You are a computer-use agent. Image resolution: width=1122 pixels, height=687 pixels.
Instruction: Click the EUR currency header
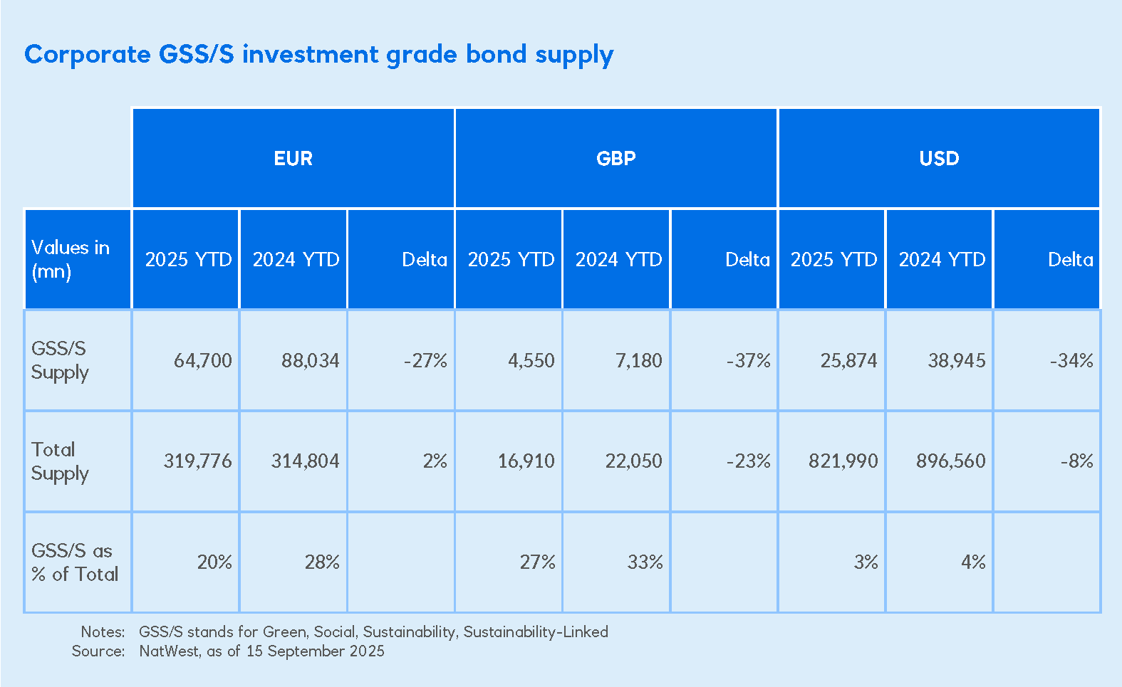pos(293,158)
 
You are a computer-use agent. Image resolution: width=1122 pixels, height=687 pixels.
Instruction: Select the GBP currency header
pos(615,158)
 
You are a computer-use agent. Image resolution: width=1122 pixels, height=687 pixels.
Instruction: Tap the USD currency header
pos(939,158)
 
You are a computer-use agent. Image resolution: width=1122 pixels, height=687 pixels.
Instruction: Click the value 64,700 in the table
pos(203,360)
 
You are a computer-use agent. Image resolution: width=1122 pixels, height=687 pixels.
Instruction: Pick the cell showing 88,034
pos(310,360)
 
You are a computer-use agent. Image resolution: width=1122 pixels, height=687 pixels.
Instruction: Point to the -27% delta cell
pos(425,360)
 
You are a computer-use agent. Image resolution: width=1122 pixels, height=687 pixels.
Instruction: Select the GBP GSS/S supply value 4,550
pos(531,360)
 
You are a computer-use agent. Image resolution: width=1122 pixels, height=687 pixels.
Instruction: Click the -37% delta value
pos(748,360)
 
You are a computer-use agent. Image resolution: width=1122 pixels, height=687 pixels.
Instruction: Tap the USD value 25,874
pos(848,360)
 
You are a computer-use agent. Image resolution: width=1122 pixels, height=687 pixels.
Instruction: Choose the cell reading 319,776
pos(197,461)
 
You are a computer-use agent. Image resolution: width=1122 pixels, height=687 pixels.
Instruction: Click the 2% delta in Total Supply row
pos(435,461)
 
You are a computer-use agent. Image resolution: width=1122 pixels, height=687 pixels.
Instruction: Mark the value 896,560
pos(950,461)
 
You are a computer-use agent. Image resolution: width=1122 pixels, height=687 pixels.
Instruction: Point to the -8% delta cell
pos(1076,461)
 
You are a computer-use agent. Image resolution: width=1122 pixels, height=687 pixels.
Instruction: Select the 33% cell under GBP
pos(645,562)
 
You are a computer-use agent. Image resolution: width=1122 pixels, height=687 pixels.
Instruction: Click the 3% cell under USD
pos(866,562)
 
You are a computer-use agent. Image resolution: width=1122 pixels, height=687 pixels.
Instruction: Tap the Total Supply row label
pos(60,461)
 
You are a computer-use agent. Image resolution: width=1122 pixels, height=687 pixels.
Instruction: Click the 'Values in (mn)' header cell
pos(70,259)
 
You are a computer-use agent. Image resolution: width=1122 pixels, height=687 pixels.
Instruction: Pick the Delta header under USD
pos(1070,259)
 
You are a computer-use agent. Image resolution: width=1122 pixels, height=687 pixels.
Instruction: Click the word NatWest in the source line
pos(169,651)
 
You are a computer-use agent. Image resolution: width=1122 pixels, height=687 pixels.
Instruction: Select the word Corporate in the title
pos(88,55)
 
